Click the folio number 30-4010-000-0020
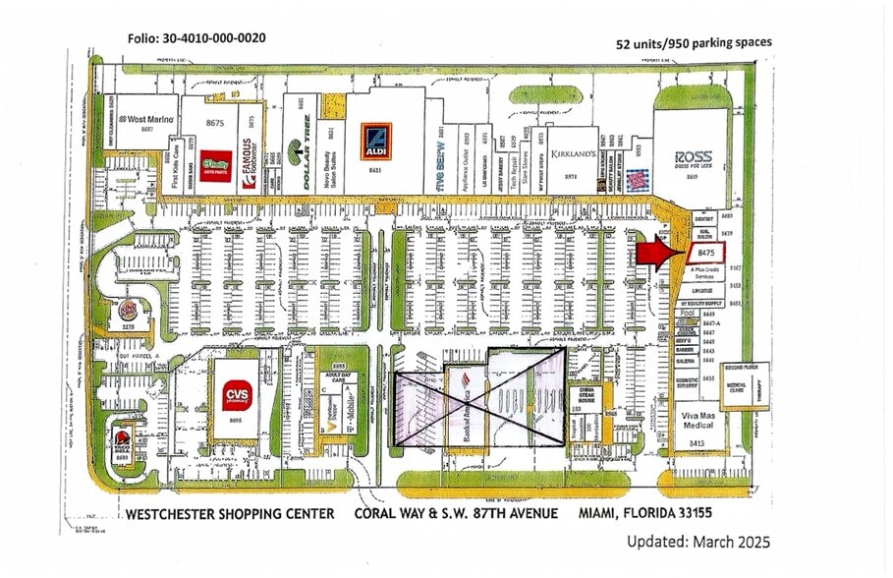click(x=195, y=38)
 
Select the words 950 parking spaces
click(x=716, y=42)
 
